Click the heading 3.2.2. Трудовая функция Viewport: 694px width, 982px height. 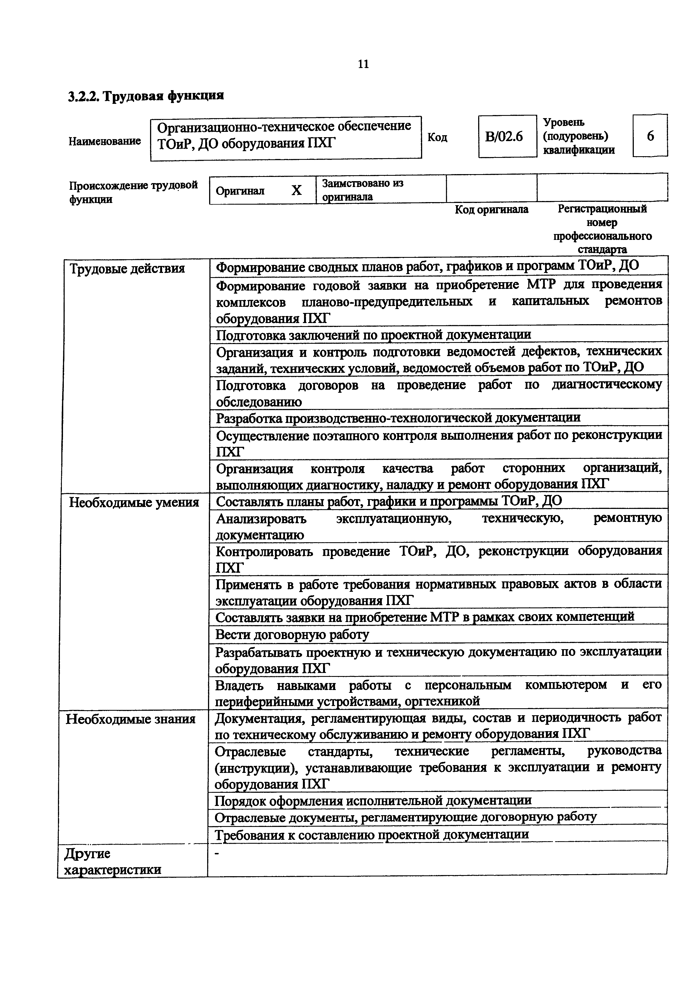click(x=146, y=96)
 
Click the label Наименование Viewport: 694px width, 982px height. click(x=105, y=141)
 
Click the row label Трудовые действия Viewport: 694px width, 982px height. click(x=127, y=269)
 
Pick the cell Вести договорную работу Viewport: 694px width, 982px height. click(x=292, y=634)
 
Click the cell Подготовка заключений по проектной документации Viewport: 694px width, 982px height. click(x=373, y=335)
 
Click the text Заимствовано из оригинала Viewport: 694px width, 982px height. click(x=363, y=190)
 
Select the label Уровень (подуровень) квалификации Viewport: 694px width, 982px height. click(x=579, y=136)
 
